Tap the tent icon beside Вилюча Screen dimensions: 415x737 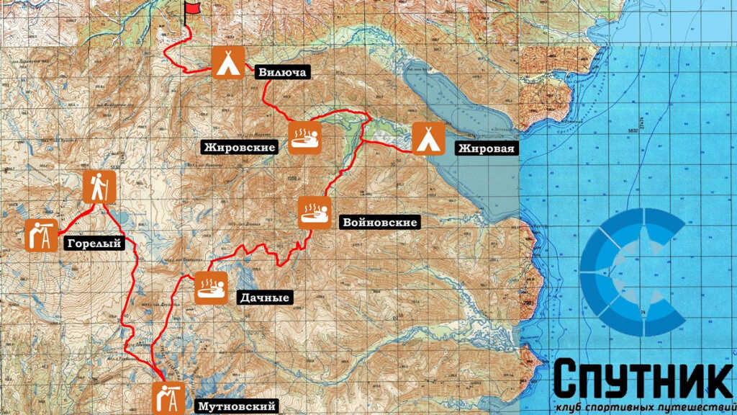[x=229, y=62]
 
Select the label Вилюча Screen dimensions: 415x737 [x=281, y=72]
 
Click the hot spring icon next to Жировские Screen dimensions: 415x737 [x=305, y=136]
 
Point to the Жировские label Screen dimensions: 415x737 [x=240, y=148]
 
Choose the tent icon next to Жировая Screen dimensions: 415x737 [x=428, y=138]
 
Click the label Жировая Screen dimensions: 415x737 [x=486, y=149]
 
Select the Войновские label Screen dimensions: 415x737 [x=380, y=223]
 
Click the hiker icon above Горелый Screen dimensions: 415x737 [x=98, y=187]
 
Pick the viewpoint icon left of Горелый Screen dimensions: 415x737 [x=41, y=236]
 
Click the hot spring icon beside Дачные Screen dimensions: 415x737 [x=211, y=287]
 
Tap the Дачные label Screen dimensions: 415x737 [x=263, y=296]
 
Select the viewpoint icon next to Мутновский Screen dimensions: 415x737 [x=168, y=398]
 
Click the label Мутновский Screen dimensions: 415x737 [x=236, y=406]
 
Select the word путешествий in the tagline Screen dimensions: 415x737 [x=695, y=408]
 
